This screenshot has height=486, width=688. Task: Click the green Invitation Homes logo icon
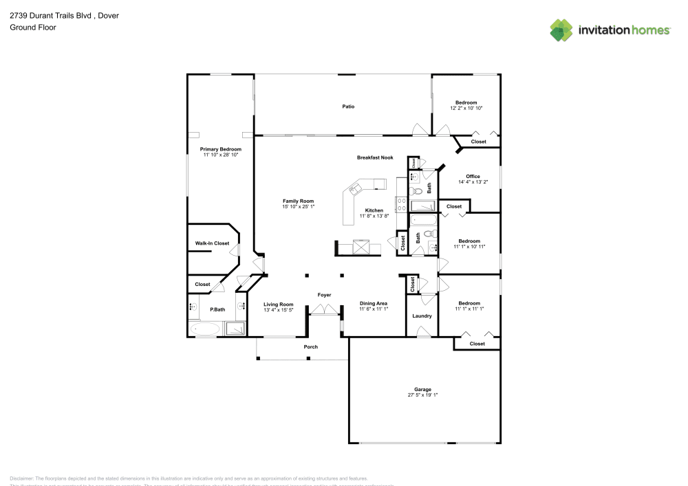(x=561, y=30)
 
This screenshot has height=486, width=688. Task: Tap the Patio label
(x=349, y=107)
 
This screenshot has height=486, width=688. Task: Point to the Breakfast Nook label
(x=375, y=157)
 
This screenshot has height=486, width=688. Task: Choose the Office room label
(x=473, y=177)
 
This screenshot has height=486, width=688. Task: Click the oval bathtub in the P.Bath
(x=205, y=330)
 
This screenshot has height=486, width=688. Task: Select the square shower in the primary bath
(x=235, y=329)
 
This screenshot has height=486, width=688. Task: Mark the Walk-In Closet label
(x=212, y=243)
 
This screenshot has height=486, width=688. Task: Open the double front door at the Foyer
(x=324, y=311)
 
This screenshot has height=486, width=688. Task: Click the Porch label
(x=311, y=346)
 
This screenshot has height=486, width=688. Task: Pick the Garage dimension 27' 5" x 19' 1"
(x=422, y=395)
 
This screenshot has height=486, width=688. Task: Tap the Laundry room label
(x=422, y=316)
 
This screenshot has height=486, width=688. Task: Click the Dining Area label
(x=374, y=303)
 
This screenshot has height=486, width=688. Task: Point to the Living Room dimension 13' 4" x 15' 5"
(x=279, y=310)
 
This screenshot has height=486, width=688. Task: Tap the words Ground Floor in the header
(x=33, y=27)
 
